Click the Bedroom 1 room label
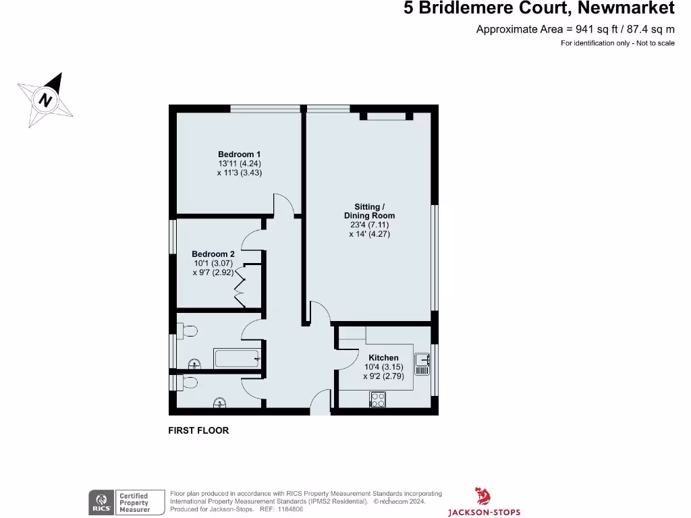point(239,154)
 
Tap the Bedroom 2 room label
point(213,254)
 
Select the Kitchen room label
point(383,357)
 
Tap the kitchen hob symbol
point(377,399)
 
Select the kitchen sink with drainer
point(422,364)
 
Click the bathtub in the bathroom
point(236,358)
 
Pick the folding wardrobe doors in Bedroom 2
point(240,286)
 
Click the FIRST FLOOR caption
point(198,430)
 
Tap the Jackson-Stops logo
point(482,502)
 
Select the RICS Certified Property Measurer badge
point(127,502)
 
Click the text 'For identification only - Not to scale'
point(617,43)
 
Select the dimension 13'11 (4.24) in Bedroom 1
point(239,163)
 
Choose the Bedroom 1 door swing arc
point(283,204)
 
